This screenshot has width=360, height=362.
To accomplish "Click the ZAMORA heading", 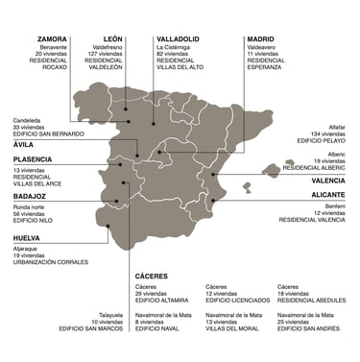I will [x=52, y=39].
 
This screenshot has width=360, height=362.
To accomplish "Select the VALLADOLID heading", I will [x=179, y=39].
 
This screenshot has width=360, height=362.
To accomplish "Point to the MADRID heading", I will [x=260, y=39].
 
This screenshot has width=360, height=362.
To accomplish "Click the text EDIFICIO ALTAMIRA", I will [x=162, y=300].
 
